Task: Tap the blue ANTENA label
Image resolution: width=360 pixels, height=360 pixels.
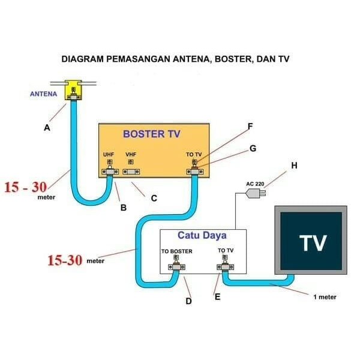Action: click(44, 94)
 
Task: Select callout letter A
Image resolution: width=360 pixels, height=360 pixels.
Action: click(47, 128)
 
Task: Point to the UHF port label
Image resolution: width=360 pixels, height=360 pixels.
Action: click(109, 154)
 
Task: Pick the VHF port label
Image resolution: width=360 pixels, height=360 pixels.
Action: click(131, 154)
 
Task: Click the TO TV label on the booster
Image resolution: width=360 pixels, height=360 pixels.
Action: click(194, 155)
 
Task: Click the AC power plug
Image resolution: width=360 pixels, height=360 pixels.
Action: click(256, 193)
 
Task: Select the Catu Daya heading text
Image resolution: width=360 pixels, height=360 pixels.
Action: click(202, 236)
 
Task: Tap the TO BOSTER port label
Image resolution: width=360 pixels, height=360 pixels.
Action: click(176, 251)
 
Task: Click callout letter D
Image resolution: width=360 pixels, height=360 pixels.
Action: click(188, 301)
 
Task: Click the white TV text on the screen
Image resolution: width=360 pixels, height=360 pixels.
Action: click(313, 242)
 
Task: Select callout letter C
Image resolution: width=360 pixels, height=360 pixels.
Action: click(154, 198)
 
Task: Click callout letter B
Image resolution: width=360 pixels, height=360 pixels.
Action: click(123, 208)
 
